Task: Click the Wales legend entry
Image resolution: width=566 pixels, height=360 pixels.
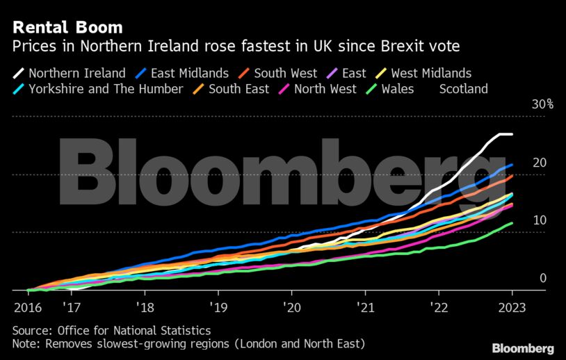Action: click(x=397, y=89)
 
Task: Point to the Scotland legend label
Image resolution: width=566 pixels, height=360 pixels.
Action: click(x=463, y=89)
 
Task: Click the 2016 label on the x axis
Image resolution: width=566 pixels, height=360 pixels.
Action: click(x=26, y=306)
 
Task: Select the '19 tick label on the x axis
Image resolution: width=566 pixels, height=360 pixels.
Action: click(x=218, y=306)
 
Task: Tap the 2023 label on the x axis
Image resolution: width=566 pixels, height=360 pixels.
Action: click(x=512, y=306)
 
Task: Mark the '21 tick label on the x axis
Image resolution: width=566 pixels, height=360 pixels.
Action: click(x=365, y=306)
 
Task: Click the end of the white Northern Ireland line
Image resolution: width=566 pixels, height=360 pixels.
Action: click(x=512, y=134)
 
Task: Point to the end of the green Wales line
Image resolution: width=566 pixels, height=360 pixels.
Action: click(x=512, y=223)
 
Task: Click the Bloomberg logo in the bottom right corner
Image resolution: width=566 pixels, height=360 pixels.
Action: click(x=523, y=348)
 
